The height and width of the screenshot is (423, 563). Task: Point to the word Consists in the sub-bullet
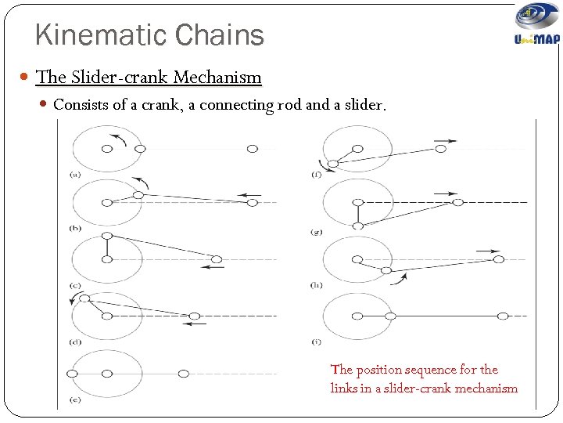[x=81, y=104]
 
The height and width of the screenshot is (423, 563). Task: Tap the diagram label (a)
[x=75, y=174]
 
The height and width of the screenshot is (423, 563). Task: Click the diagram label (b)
[x=75, y=228]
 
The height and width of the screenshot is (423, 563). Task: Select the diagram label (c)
[x=75, y=285]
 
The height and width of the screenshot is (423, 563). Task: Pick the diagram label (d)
[x=75, y=342]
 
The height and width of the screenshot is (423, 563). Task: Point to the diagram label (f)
[x=316, y=174]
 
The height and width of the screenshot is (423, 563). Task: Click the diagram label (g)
[x=316, y=232]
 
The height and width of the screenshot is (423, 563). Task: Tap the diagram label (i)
[x=316, y=342]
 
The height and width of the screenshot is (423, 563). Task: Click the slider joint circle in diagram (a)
[x=252, y=148]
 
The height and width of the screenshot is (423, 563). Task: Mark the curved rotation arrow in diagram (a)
[x=119, y=138]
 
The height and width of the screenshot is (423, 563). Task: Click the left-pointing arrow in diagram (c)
[x=212, y=267]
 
